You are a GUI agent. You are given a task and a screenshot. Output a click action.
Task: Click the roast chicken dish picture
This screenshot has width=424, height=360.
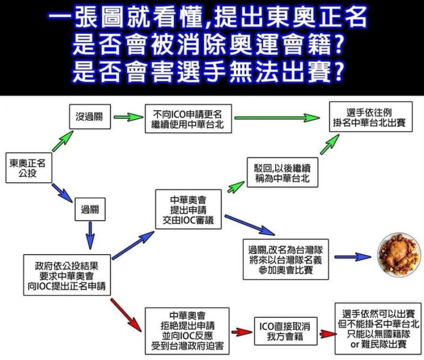pyautogui.click(x=398, y=255)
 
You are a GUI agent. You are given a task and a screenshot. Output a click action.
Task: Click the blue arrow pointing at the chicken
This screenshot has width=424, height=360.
pyautogui.click(x=353, y=257)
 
